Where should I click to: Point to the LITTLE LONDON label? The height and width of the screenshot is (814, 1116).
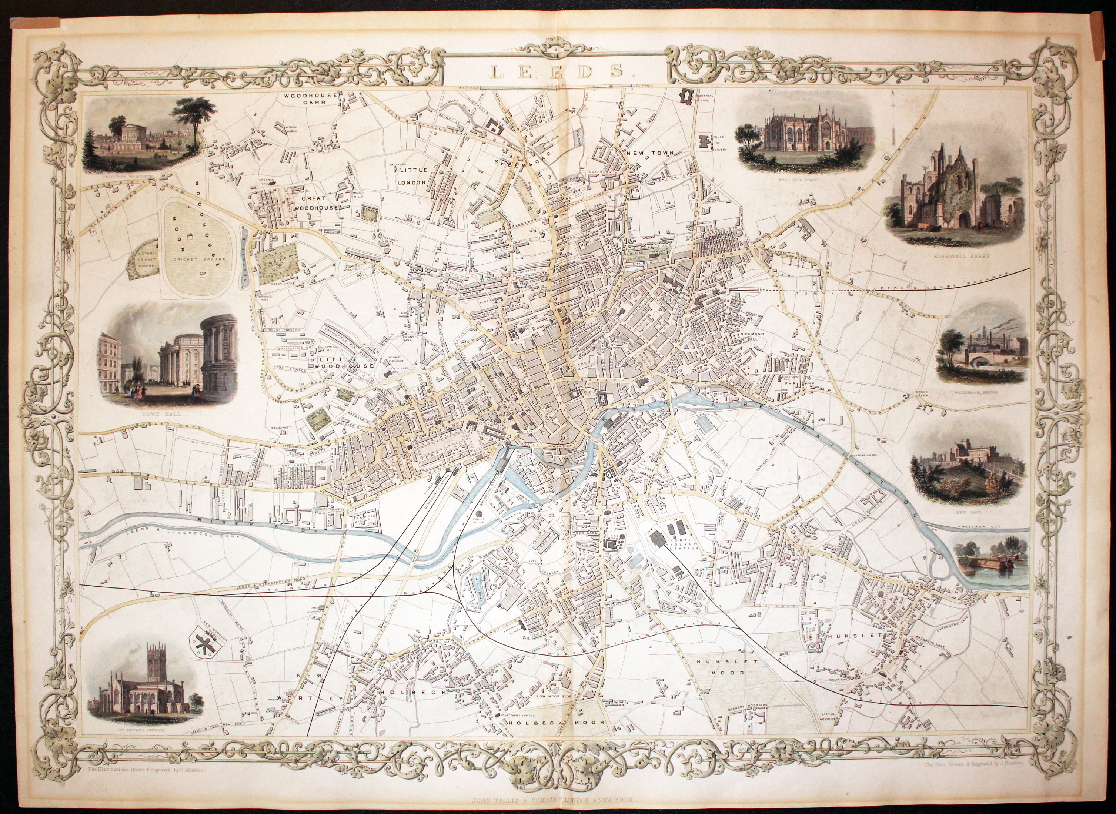pos(412,176)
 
